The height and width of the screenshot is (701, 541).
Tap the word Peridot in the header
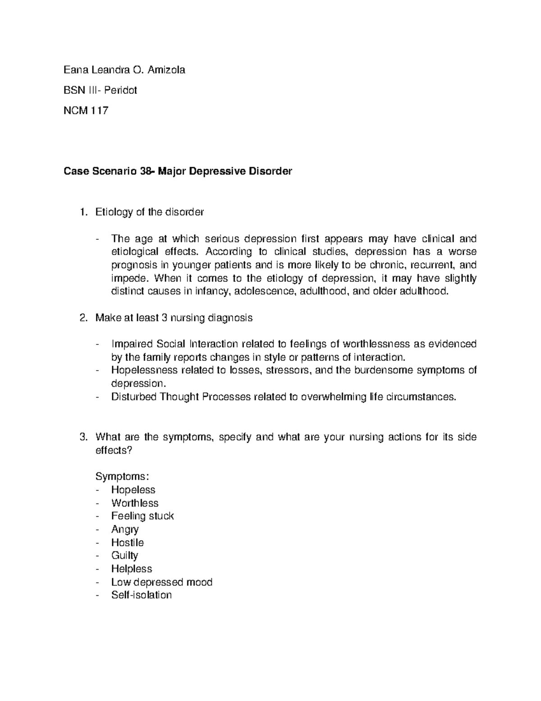(x=120, y=90)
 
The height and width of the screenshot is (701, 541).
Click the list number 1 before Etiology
(x=82, y=212)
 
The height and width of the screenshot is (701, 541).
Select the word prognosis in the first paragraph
(x=133, y=265)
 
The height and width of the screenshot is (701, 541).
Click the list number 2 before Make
(x=82, y=318)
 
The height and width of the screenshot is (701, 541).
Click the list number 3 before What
(x=82, y=437)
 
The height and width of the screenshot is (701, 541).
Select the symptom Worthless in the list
(x=135, y=503)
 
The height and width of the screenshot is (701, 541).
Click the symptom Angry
(x=125, y=529)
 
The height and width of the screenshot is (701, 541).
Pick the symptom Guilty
(x=124, y=556)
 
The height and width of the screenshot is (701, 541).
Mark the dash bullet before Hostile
(x=98, y=543)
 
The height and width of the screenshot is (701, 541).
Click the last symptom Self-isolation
(x=142, y=595)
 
